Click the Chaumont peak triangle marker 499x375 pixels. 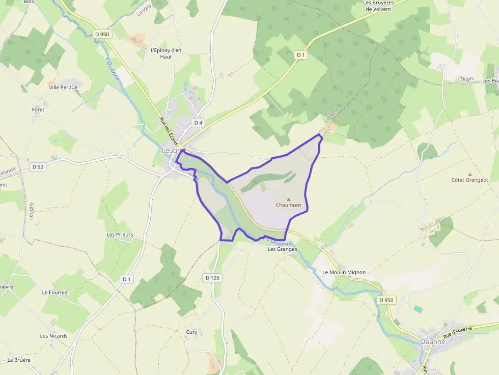click(289, 199)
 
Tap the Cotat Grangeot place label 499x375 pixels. click(469, 180)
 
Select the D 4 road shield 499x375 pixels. click(198, 123)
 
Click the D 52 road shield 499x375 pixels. click(38, 166)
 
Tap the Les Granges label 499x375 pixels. click(282, 249)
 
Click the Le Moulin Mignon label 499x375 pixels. click(344, 272)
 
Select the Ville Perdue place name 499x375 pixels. click(63, 88)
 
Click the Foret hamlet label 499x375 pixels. click(38, 109)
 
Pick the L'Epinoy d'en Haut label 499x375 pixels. click(166, 53)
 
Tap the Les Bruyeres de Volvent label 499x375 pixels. click(378, 6)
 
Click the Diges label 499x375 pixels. click(467, 79)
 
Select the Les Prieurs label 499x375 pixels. click(120, 235)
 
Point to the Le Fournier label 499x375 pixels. click(55, 293)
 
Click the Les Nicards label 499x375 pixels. click(53, 336)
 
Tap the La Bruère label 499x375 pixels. click(19, 360)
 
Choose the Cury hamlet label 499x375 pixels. click(191, 332)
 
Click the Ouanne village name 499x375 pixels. click(433, 341)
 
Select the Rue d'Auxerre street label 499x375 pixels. click(457, 333)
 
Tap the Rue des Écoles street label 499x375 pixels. click(169, 131)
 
